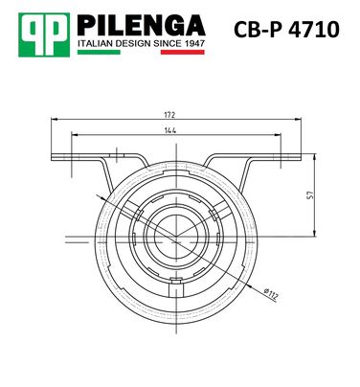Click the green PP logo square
tap(44, 34)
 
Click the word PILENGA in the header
tap(141, 25)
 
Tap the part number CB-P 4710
tap(286, 30)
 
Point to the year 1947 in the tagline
tap(194, 43)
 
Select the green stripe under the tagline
tap(99, 52)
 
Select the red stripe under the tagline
tap(182, 52)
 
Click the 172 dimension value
tap(169, 115)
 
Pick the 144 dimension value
tap(170, 130)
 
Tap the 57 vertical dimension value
tap(310, 195)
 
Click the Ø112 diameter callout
tap(271, 294)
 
